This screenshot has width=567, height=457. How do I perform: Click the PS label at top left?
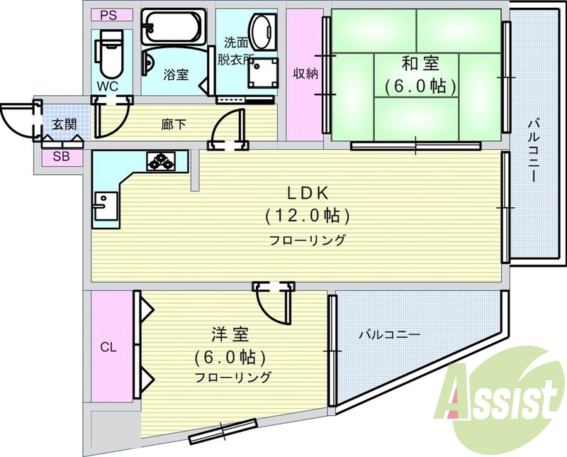pos(108,16)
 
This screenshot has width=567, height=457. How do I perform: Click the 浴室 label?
pos(176,75)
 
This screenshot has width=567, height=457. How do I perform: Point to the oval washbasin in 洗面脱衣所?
pos(261,32)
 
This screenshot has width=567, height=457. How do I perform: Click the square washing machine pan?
pos(263,73)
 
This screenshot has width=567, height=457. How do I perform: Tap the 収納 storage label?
pos(305,74)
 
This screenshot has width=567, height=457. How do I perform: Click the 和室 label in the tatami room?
pos(420,64)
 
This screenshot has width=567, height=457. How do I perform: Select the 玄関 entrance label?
pos(64,124)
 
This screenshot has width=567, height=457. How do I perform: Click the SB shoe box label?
pos(61,157)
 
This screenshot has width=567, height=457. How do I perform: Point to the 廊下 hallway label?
pos(174,125)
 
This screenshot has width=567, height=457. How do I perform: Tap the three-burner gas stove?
pos(161,161)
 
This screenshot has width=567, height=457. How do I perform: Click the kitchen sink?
pos(106,206)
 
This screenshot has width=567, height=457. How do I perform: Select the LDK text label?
pos(308,194)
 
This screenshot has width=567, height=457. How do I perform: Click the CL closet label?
pos(108,347)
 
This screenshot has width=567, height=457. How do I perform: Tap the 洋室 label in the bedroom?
pos(230,335)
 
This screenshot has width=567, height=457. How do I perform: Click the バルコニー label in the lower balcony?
pos(389,334)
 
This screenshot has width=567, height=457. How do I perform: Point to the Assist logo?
pos(499,398)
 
